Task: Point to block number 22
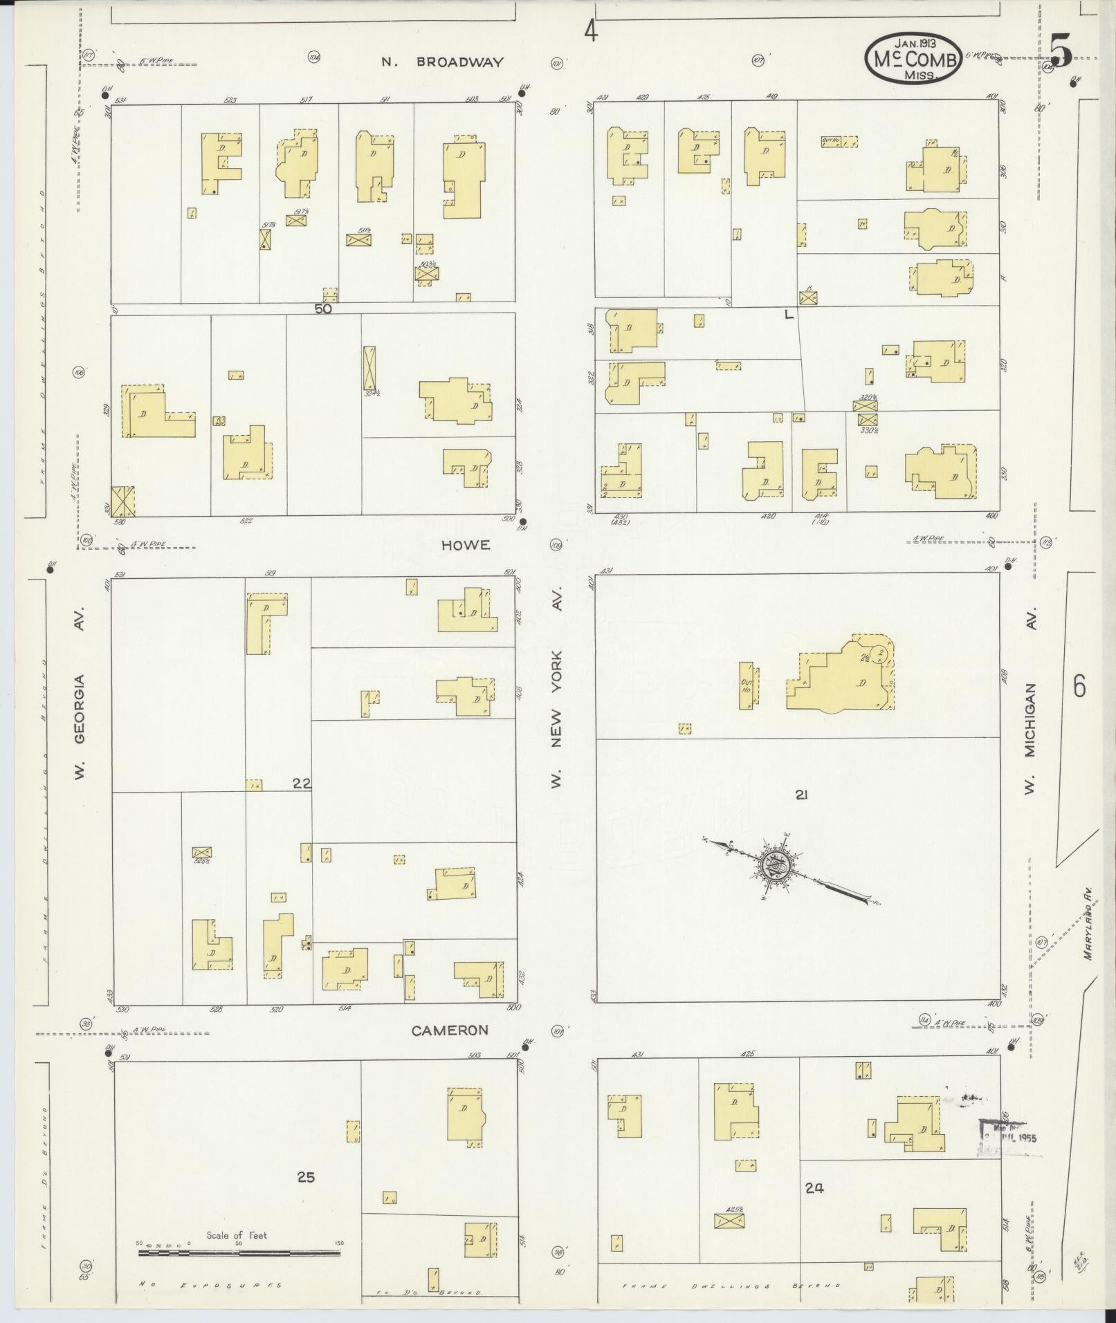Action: pyautogui.click(x=302, y=784)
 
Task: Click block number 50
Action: pyautogui.click(x=323, y=309)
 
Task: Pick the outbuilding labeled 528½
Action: pyautogui.click(x=201, y=852)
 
